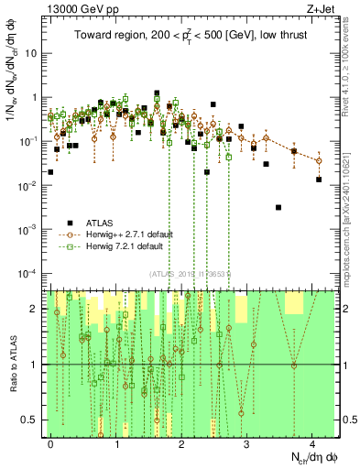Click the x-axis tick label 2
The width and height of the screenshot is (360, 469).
tap(181, 442)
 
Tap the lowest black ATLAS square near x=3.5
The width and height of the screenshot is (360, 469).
tap(278, 208)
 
